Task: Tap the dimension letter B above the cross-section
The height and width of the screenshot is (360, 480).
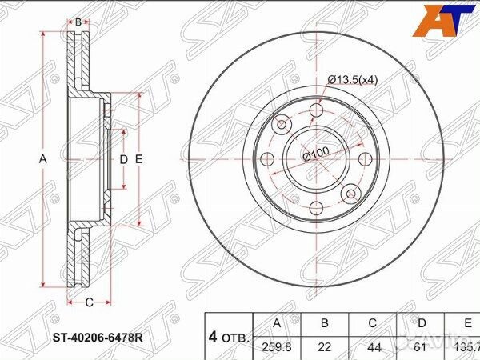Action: tap(78, 22)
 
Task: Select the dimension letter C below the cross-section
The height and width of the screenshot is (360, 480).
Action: tap(88, 302)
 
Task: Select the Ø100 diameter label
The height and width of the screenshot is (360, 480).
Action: tap(318, 155)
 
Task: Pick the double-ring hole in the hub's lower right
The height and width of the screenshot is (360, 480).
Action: tap(350, 193)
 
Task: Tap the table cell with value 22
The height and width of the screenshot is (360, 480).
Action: tap(325, 346)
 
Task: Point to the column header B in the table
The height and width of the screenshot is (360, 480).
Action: tap(325, 324)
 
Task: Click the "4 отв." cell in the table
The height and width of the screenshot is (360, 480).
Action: tap(229, 336)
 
